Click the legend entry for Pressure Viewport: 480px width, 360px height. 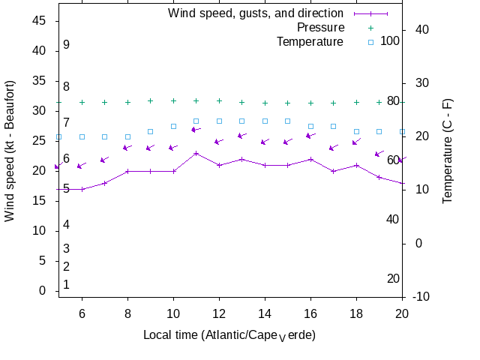click(x=310, y=27)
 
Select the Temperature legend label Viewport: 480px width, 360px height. click(x=310, y=41)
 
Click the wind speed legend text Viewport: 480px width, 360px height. click(x=256, y=13)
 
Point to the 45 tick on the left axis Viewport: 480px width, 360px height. click(x=40, y=21)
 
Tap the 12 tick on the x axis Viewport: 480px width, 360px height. click(x=219, y=313)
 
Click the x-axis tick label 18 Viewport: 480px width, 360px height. click(x=356, y=313)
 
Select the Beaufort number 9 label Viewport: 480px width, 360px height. click(x=66, y=45)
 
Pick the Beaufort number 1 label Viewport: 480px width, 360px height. click(x=66, y=284)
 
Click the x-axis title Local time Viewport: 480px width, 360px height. click(x=229, y=334)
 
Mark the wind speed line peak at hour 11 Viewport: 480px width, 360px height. click(x=196, y=153)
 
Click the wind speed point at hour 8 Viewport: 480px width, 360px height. click(x=127, y=171)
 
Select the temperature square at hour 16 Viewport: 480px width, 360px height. click(x=310, y=126)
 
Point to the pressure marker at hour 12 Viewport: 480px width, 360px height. click(x=219, y=100)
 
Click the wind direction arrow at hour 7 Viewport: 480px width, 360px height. click(x=105, y=159)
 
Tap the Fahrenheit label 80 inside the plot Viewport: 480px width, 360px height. click(x=392, y=100)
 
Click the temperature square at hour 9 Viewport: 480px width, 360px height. click(x=151, y=131)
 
